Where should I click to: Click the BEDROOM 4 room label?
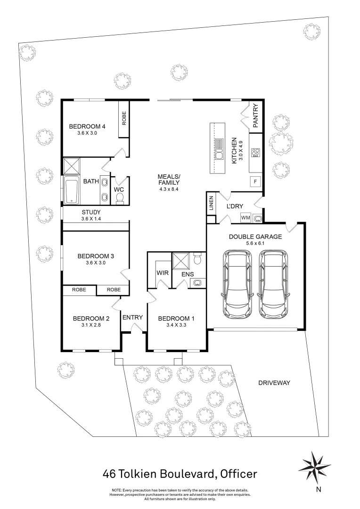(x=87, y=126)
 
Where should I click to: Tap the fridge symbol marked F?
(x=255, y=181)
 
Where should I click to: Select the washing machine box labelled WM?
(x=245, y=218)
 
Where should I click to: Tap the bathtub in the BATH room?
(x=72, y=190)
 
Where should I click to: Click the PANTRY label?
(x=255, y=117)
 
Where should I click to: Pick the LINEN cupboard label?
(x=211, y=204)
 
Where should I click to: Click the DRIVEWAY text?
(x=274, y=383)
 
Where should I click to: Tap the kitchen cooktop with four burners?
(x=255, y=153)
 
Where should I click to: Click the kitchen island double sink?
(x=219, y=150)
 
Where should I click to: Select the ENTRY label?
(x=132, y=317)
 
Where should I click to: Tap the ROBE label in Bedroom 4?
(x=124, y=120)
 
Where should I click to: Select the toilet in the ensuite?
(x=197, y=259)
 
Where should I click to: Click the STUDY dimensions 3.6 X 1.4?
(x=91, y=219)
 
